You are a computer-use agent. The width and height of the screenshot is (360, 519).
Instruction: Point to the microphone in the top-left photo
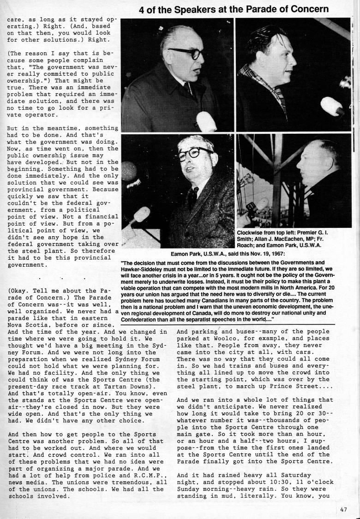click(206, 121)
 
